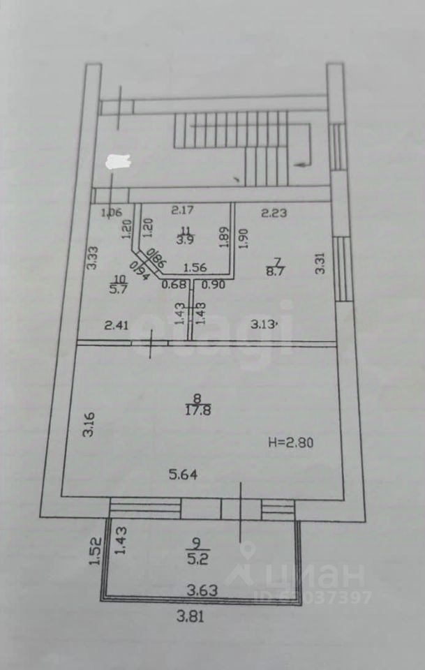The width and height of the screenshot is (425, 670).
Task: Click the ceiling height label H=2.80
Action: (x=292, y=442)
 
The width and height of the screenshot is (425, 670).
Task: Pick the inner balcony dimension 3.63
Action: (x=202, y=590)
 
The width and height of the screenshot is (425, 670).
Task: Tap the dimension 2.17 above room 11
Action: (x=184, y=209)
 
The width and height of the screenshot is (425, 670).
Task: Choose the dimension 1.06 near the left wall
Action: (x=111, y=213)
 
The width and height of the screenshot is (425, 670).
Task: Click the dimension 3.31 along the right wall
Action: (x=320, y=263)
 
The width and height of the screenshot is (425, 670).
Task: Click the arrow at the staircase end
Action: (x=301, y=164)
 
